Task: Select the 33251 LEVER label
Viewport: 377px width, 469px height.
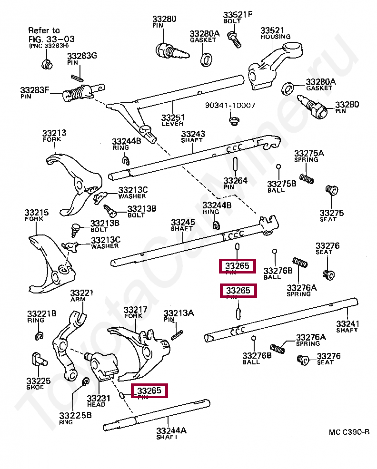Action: tap(172, 120)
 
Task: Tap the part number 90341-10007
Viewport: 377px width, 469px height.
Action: tap(230, 105)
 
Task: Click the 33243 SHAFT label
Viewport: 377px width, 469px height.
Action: tap(192, 137)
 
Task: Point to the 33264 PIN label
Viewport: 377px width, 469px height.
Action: tap(235, 183)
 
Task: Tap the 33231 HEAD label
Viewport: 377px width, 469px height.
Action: tap(99, 401)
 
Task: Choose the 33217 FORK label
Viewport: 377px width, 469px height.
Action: tap(135, 313)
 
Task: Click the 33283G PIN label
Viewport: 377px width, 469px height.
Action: tap(81, 59)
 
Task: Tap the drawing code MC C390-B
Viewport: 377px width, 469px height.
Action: tap(349, 432)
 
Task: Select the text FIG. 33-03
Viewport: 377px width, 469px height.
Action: tap(51, 39)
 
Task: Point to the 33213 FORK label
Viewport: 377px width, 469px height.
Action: tap(54, 136)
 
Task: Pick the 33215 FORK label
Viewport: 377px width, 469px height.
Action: tap(36, 215)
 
